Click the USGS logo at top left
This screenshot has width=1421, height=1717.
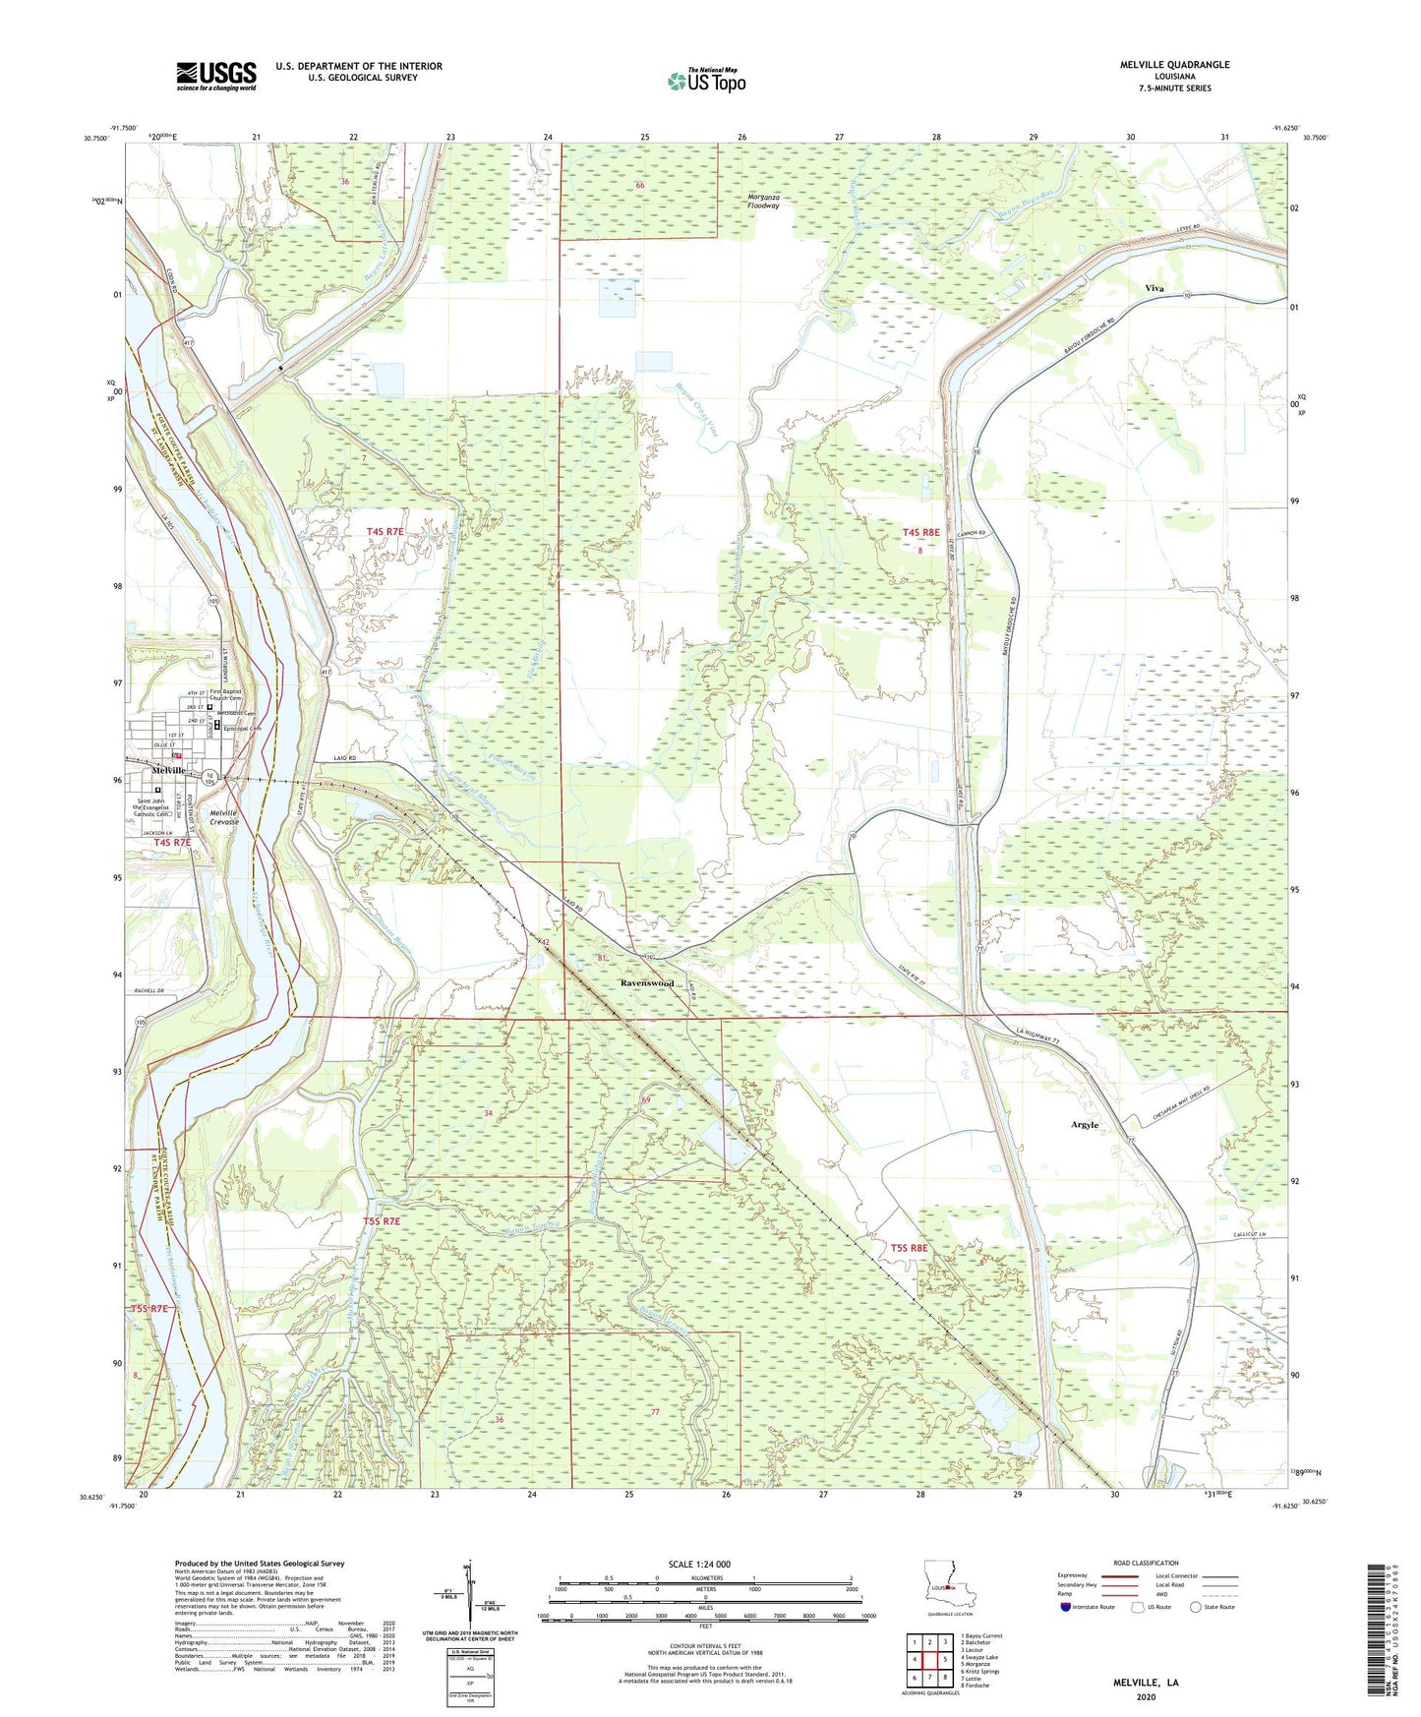[216, 75]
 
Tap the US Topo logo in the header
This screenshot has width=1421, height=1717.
[706, 81]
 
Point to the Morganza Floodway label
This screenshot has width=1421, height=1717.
[763, 202]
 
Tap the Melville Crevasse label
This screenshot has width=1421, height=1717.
[224, 817]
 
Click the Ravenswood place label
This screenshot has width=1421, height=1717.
[647, 983]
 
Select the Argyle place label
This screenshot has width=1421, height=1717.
[1084, 1124]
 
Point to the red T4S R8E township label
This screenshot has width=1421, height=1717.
[920, 532]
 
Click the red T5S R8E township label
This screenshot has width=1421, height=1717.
[909, 1248]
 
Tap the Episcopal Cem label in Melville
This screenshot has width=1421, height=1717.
[243, 729]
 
